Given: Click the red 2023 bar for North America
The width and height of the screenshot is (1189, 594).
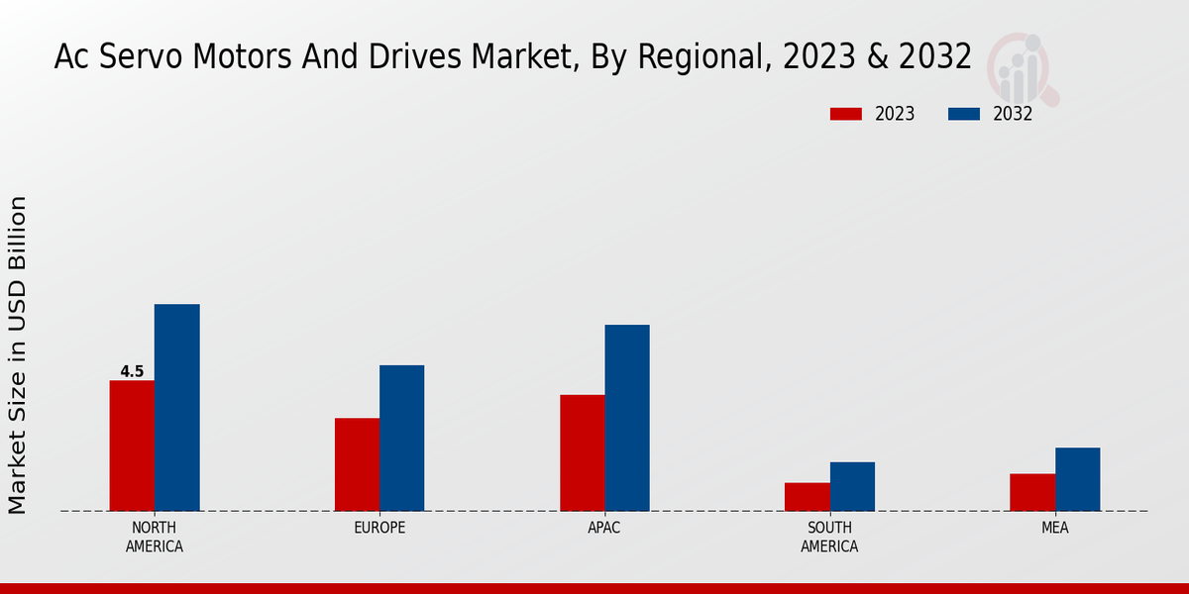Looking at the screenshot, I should pyautogui.click(x=132, y=445).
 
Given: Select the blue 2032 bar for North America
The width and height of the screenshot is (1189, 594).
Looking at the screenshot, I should pyautogui.click(x=176, y=407).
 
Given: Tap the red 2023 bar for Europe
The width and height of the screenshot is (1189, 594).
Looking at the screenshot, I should pyautogui.click(x=357, y=464).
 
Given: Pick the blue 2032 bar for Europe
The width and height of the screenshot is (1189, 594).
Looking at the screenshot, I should pyautogui.click(x=401, y=438).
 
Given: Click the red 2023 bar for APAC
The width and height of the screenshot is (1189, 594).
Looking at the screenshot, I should pyautogui.click(x=582, y=452).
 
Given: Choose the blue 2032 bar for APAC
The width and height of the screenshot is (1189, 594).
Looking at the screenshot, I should pyautogui.click(x=627, y=418).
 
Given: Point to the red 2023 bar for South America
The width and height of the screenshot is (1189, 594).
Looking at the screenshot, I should pyautogui.click(x=807, y=497).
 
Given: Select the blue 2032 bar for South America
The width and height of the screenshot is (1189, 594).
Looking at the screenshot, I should pyautogui.click(x=852, y=486).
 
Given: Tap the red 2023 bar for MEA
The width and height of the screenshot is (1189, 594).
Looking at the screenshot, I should pyautogui.click(x=1032, y=492).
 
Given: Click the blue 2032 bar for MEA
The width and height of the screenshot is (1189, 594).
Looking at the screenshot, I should pyautogui.click(x=1077, y=479).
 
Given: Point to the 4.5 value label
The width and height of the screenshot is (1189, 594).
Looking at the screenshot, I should pyautogui.click(x=132, y=372).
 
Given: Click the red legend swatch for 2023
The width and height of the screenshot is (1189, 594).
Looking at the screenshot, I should pyautogui.click(x=846, y=114).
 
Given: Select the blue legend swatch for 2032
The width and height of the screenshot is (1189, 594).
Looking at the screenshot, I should pyautogui.click(x=964, y=114).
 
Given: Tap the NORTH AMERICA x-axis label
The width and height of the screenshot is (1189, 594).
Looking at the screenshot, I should pyautogui.click(x=155, y=537).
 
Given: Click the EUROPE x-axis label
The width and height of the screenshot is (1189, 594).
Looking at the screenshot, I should pyautogui.click(x=379, y=528).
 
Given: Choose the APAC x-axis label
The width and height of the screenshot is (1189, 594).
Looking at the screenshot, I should pyautogui.click(x=604, y=528).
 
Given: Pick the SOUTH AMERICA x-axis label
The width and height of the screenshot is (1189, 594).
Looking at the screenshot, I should pyautogui.click(x=829, y=537).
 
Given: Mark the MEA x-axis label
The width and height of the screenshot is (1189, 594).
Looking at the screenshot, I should pyautogui.click(x=1055, y=528).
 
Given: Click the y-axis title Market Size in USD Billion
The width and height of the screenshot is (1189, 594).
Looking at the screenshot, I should pyautogui.click(x=18, y=354).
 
